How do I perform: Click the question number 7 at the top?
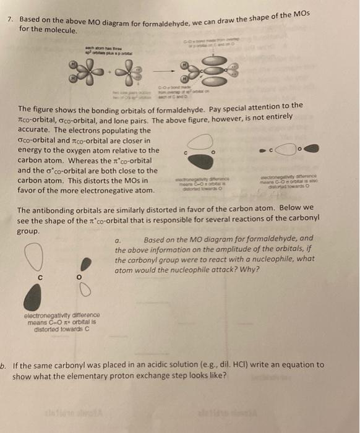8,20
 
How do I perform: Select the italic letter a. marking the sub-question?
118,239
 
